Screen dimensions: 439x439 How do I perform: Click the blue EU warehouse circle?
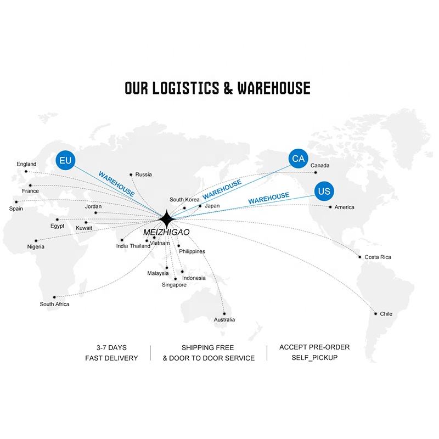point(65,161)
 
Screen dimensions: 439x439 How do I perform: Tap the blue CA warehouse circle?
point(298,159)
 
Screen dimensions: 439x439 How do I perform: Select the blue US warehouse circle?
point(324,191)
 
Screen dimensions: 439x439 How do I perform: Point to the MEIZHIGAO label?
point(166,233)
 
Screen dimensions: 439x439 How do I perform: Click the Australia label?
point(224,319)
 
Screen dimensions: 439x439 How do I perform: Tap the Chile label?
point(386,314)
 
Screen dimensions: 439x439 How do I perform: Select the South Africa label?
point(54,304)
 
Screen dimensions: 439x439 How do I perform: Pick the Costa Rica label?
point(378,257)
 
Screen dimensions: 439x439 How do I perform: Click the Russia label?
point(143,175)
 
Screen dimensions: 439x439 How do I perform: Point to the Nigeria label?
point(36,247)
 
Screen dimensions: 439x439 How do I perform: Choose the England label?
point(26,164)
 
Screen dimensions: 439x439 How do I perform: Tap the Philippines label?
point(192,251)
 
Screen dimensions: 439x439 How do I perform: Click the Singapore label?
point(175,285)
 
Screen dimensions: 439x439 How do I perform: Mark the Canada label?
point(320,165)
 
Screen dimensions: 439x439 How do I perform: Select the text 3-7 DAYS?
point(111,347)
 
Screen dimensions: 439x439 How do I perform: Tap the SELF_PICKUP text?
point(314,358)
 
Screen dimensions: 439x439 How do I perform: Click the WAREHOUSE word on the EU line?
point(116,184)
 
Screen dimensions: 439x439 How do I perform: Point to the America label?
point(345,207)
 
